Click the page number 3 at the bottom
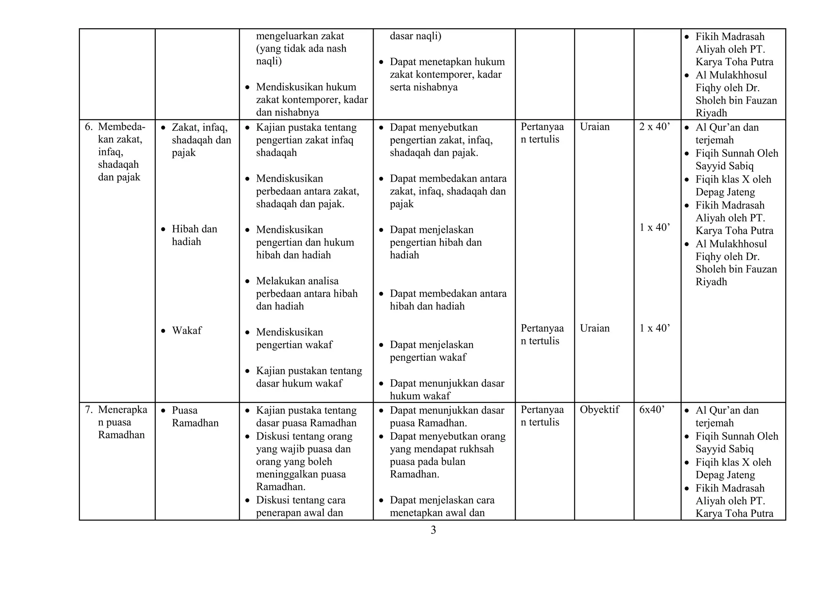[433, 530]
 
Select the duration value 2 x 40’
[655, 127]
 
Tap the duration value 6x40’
[651, 410]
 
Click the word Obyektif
[599, 410]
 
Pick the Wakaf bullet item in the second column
[186, 330]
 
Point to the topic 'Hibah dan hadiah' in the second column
[194, 235]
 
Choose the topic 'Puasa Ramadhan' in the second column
[195, 416]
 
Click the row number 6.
[88, 127]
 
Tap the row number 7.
[88, 410]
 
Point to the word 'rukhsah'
[477, 449]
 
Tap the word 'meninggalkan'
[301, 474]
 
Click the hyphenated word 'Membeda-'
[121, 127]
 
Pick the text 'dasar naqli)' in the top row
[415, 36]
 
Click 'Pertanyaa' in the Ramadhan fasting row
[542, 410]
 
